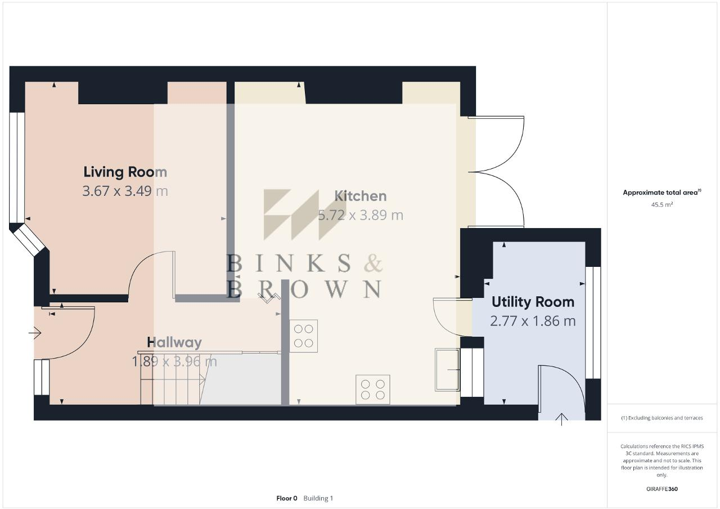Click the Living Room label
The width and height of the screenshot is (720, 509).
pyautogui.click(x=125, y=172)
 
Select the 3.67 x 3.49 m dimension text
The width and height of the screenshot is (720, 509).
pyautogui.click(x=125, y=191)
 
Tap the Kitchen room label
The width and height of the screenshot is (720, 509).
pyautogui.click(x=361, y=196)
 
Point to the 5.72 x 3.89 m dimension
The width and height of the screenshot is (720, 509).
pyautogui.click(x=361, y=215)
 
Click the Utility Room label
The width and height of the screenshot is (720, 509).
pyautogui.click(x=533, y=302)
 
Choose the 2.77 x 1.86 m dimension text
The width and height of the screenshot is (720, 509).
pyautogui.click(x=533, y=321)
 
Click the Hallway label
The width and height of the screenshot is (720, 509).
pyautogui.click(x=174, y=342)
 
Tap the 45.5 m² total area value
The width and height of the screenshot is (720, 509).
pyautogui.click(x=662, y=205)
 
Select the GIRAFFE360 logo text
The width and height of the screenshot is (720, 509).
pyautogui.click(x=662, y=489)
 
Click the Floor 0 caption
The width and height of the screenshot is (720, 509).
pyautogui.click(x=286, y=498)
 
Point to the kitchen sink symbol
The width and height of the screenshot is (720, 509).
pyautogui.click(x=447, y=370)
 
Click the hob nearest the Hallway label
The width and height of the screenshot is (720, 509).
pyautogui.click(x=304, y=336)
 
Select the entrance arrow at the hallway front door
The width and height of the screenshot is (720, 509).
pyautogui.click(x=35, y=333)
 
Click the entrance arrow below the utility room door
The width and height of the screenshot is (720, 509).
pyautogui.click(x=561, y=419)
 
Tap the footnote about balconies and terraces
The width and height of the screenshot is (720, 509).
pyautogui.click(x=662, y=418)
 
